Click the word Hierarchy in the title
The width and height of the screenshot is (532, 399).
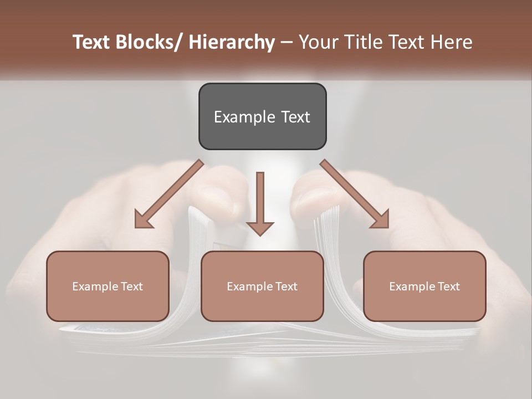point(231,42)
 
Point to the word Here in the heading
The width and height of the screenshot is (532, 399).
point(451,42)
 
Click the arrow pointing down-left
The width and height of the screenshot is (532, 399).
point(169,194)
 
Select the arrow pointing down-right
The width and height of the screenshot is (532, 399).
point(355,194)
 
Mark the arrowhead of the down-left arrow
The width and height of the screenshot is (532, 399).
point(143,220)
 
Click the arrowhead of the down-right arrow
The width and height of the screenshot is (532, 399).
point(381,220)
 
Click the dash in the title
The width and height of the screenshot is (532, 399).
point(287,42)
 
